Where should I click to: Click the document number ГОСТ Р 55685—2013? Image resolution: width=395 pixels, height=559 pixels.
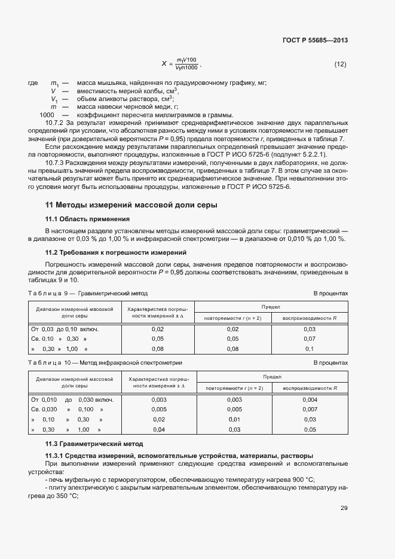pos(314,41)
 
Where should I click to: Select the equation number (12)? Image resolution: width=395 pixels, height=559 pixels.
pos(340,64)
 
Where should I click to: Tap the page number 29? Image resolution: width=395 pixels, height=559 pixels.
pos(344,508)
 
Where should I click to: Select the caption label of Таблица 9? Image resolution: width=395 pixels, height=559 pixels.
pos(47,294)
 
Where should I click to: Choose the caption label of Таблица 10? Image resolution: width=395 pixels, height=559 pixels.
pos(48,363)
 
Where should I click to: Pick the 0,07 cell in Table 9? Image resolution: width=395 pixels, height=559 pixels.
pos(309,338)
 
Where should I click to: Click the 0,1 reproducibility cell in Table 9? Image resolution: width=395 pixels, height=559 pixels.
pos(309,349)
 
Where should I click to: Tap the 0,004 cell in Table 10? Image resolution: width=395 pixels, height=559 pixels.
pos(309,399)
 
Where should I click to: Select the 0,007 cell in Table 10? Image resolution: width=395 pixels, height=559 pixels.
pos(309,410)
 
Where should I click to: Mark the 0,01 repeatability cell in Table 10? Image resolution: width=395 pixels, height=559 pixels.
pos(234,420)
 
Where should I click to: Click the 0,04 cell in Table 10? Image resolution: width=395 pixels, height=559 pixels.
pos(159,430)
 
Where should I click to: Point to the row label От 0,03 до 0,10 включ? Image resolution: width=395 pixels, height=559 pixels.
pos(65,328)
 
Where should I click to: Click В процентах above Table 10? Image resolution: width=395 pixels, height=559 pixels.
pos(330,363)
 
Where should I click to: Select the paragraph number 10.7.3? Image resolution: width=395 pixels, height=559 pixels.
pos(55,162)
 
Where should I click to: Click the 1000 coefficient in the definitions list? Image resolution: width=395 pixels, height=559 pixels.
pos(47,115)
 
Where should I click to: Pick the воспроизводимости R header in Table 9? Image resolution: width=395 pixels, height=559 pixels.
pos(310,317)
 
